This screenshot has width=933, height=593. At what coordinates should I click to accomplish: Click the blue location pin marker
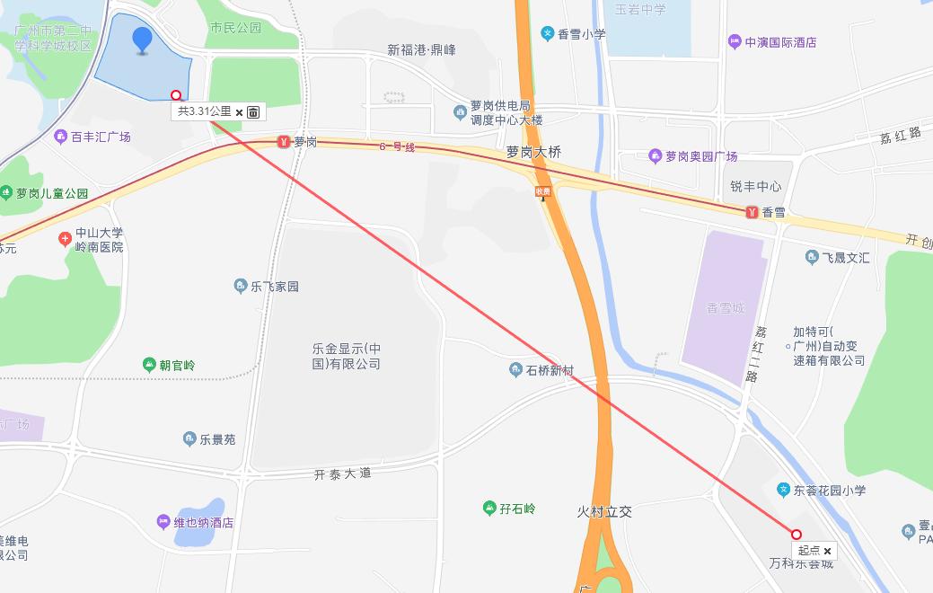pyautogui.click(x=142, y=40)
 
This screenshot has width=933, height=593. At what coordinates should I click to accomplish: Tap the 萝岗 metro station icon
pyautogui.click(x=284, y=142)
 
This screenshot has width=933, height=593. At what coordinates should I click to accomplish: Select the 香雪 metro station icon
pyautogui.click(x=751, y=212)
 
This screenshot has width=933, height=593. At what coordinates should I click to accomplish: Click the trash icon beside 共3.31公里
pyautogui.click(x=254, y=112)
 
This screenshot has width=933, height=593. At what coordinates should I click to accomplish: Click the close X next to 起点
pyautogui.click(x=827, y=551)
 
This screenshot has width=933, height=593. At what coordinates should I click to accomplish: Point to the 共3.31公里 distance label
pyautogui.click(x=204, y=111)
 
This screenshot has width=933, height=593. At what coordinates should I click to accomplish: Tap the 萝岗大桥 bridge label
pyautogui.click(x=533, y=153)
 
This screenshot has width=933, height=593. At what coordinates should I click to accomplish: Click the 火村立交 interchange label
pyautogui.click(x=604, y=511)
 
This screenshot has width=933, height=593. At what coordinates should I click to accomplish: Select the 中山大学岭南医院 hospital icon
pyautogui.click(x=65, y=239)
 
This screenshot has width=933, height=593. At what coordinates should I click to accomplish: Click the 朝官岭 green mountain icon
pyautogui.click(x=149, y=365)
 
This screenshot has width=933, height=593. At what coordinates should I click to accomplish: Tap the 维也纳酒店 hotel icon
pyautogui.click(x=163, y=521)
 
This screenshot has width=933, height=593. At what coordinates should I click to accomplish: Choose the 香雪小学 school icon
pyautogui.click(x=547, y=34)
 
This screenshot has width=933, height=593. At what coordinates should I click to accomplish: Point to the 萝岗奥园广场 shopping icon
pyautogui.click(x=655, y=156)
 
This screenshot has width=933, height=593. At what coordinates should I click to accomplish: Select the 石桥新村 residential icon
pyautogui.click(x=515, y=370)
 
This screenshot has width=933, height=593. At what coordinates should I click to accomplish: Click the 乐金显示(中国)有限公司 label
pyautogui.click(x=347, y=356)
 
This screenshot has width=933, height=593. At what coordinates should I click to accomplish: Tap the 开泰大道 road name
pyautogui.click(x=342, y=474)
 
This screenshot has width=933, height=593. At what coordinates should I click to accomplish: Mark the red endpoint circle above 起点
pyautogui.click(x=796, y=534)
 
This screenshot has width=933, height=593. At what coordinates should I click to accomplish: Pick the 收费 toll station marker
pyautogui.click(x=542, y=191)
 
